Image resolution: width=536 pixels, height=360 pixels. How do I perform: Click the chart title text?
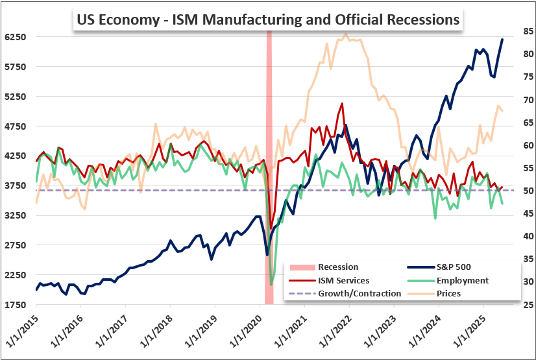click(267, 19)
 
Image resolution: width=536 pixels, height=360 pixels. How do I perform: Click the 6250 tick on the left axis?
click(15, 37)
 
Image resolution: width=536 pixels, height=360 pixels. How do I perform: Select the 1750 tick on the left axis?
click(15, 304)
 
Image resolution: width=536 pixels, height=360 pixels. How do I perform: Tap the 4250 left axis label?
click(15, 156)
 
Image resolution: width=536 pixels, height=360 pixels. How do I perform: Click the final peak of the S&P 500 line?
click(502, 40)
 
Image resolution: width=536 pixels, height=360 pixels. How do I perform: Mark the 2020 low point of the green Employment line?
click(271, 284)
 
